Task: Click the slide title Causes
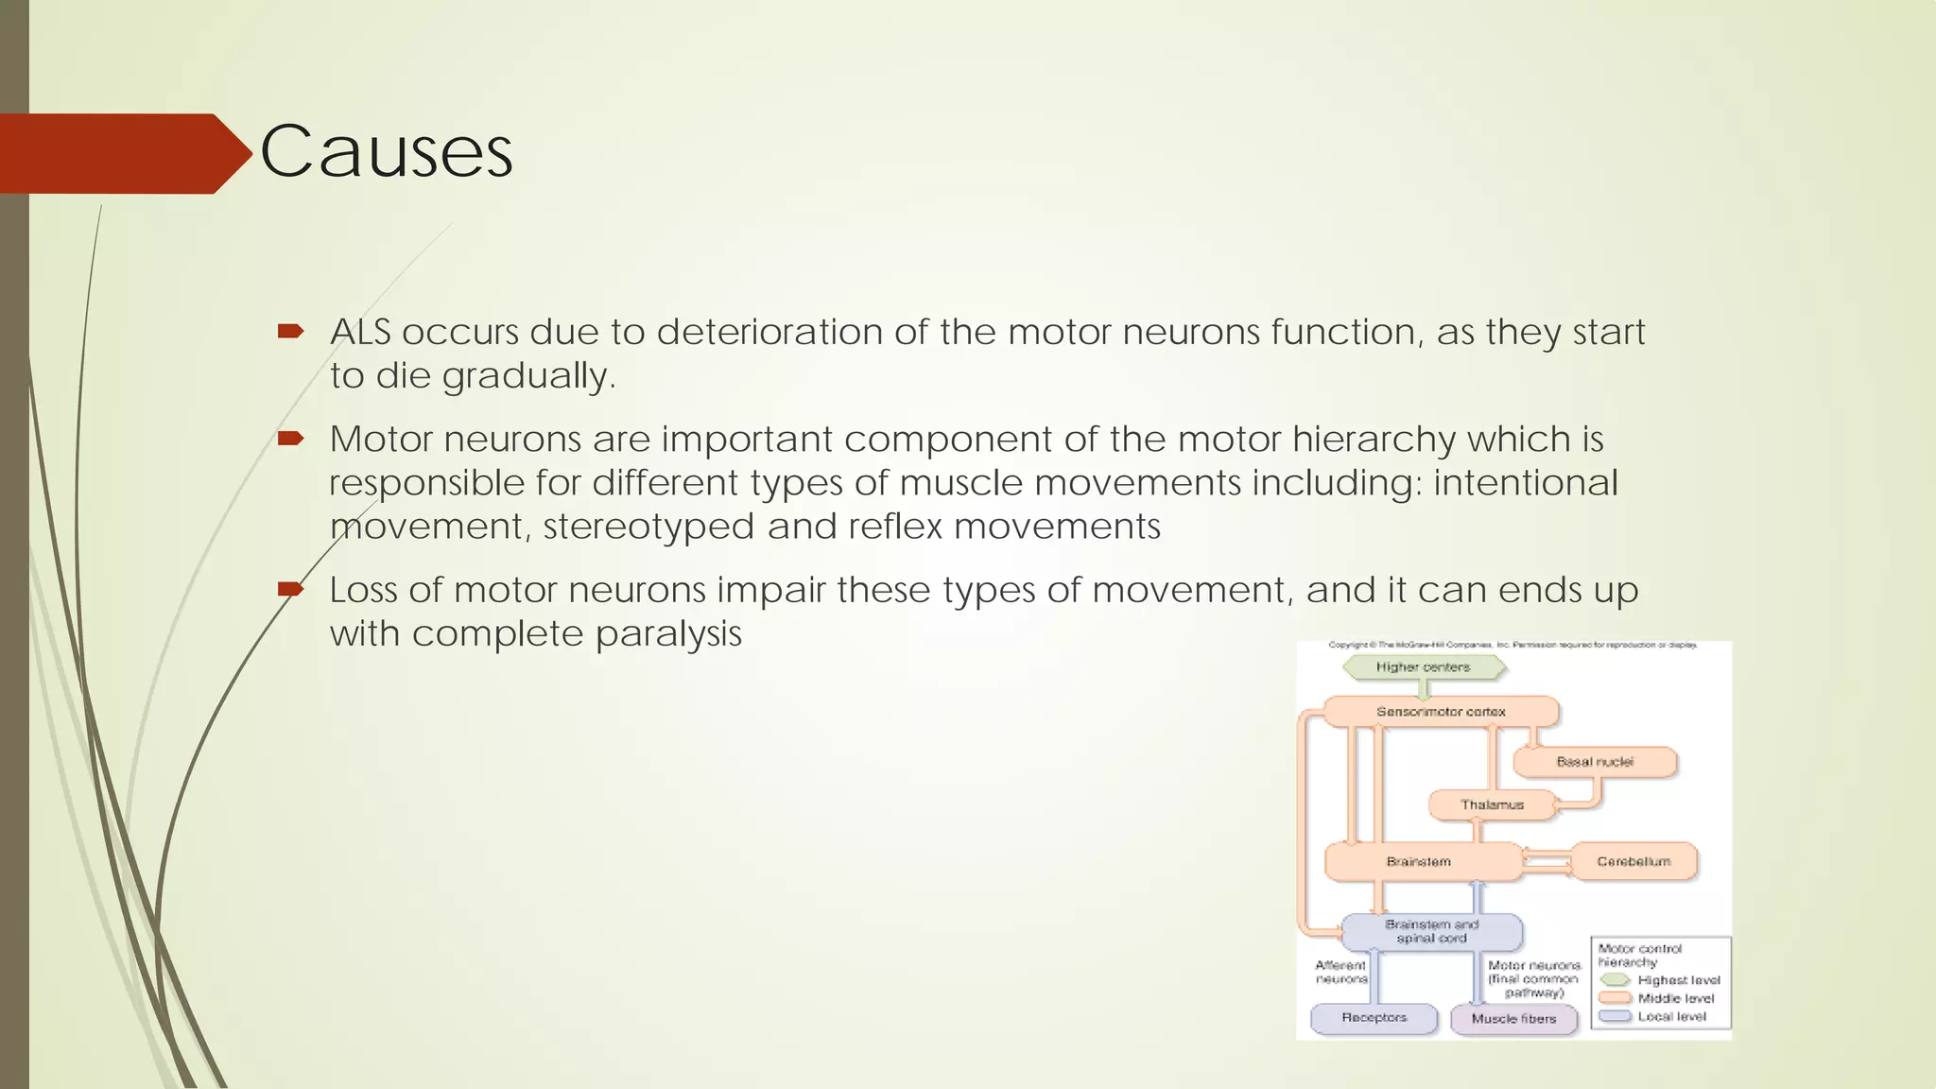(386, 151)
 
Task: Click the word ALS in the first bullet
(359, 333)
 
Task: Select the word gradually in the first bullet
(528, 376)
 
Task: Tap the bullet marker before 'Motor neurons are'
(290, 438)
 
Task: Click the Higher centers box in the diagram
(1423, 667)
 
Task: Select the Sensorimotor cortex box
(1441, 712)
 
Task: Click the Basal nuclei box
(1595, 762)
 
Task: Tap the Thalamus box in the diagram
(1492, 805)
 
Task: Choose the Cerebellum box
(1633, 862)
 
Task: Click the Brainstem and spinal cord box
(1431, 931)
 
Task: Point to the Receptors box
(1374, 1018)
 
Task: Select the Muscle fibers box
(1513, 1019)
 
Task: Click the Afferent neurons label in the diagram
(1340, 972)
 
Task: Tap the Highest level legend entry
(1678, 980)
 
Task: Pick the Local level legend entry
(1671, 1016)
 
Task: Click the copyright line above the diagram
(1512, 645)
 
